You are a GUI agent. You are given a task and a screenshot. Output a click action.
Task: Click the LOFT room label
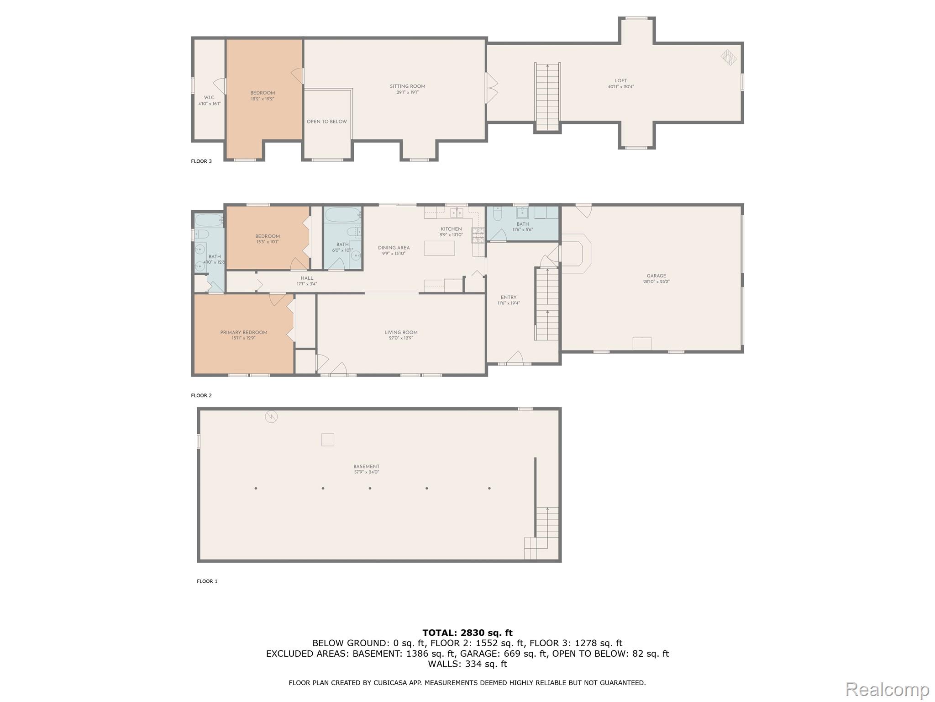pos(620,81)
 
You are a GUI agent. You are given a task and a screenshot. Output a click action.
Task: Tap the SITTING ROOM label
pos(407,86)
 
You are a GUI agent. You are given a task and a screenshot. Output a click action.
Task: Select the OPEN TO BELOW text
pos(326,122)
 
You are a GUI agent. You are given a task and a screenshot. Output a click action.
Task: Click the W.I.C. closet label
pos(209,98)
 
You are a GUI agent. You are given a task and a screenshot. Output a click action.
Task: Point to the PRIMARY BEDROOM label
pos(243,333)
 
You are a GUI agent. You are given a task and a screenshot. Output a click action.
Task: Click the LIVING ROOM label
pos(401,333)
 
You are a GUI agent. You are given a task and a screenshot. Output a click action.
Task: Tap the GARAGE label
pos(656,276)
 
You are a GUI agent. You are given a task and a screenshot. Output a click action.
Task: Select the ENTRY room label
pos(508,298)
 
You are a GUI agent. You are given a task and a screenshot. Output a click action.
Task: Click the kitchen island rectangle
pos(439,248)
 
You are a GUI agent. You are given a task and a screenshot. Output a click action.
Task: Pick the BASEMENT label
pos(366,467)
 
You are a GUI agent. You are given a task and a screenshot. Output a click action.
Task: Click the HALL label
pos(307,278)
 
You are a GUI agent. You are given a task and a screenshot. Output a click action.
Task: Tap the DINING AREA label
pos(394,248)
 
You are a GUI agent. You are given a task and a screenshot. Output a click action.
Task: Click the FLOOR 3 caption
pos(201,161)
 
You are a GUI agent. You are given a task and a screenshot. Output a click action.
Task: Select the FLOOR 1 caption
pos(207,581)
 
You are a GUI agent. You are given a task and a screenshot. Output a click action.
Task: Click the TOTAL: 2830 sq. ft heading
pos(467,633)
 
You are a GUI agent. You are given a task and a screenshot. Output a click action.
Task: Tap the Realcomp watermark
pos(887,689)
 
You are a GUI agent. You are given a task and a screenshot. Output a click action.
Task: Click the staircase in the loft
pos(547,97)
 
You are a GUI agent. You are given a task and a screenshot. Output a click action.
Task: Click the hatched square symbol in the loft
pos(729,57)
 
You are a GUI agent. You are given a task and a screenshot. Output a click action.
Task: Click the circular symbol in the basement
pos(271,416)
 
